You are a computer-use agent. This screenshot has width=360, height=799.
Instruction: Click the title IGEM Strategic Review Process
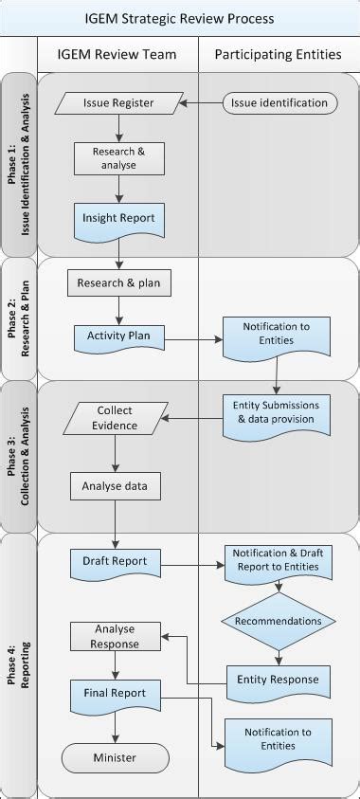(179, 18)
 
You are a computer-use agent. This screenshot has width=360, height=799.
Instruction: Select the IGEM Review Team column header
(118, 55)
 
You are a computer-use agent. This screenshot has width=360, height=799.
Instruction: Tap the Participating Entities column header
(279, 55)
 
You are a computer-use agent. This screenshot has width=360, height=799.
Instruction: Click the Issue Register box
(118, 102)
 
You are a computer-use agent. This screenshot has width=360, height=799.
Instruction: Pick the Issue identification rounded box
(279, 102)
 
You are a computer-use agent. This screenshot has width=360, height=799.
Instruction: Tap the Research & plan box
(118, 282)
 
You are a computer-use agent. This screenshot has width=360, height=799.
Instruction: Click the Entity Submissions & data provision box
(277, 411)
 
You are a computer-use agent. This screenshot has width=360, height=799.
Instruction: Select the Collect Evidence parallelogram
(115, 418)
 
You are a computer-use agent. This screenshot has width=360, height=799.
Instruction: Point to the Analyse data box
(114, 486)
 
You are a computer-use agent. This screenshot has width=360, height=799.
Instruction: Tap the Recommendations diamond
(278, 621)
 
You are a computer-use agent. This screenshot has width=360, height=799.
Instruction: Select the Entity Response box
(278, 680)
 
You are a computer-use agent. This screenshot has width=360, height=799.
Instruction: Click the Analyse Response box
(115, 636)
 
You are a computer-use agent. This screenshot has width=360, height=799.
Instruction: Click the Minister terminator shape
(115, 757)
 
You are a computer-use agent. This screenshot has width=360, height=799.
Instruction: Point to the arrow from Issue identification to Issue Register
(200, 102)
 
